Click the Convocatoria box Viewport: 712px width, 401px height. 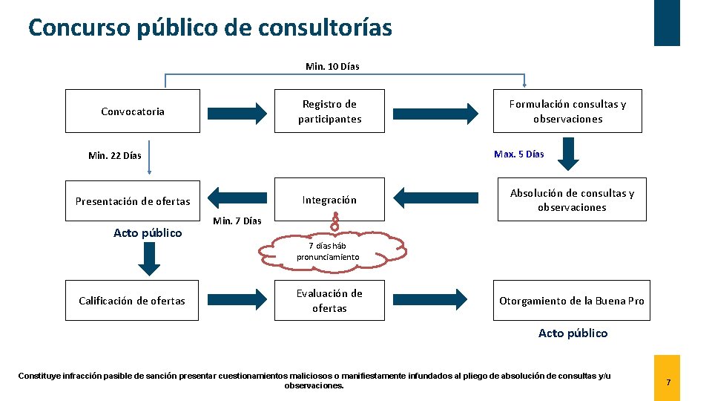coord(133,111)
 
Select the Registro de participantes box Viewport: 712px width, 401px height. coord(329,111)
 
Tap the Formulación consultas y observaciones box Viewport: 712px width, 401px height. coord(567,111)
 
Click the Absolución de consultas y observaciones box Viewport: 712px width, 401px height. coord(572,200)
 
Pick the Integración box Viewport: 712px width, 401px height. coord(329,200)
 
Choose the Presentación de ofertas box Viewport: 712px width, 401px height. coord(133,201)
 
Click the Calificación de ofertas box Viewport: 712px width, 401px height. coord(132,301)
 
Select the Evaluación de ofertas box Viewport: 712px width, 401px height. coord(329,301)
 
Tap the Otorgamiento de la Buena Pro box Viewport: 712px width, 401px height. coord(571,301)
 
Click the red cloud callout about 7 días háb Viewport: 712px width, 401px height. coord(333,251)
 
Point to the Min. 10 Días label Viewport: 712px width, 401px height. coord(332,67)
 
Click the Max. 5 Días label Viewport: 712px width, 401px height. coord(518,154)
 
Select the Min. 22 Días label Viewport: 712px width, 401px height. coord(114,156)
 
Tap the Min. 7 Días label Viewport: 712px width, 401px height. coord(237,221)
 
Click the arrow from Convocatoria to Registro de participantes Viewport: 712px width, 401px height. coord(237,113)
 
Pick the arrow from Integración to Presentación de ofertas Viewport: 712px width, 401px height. coord(237,198)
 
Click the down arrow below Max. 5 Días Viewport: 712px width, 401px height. coord(569,155)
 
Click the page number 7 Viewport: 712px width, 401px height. coord(667,382)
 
